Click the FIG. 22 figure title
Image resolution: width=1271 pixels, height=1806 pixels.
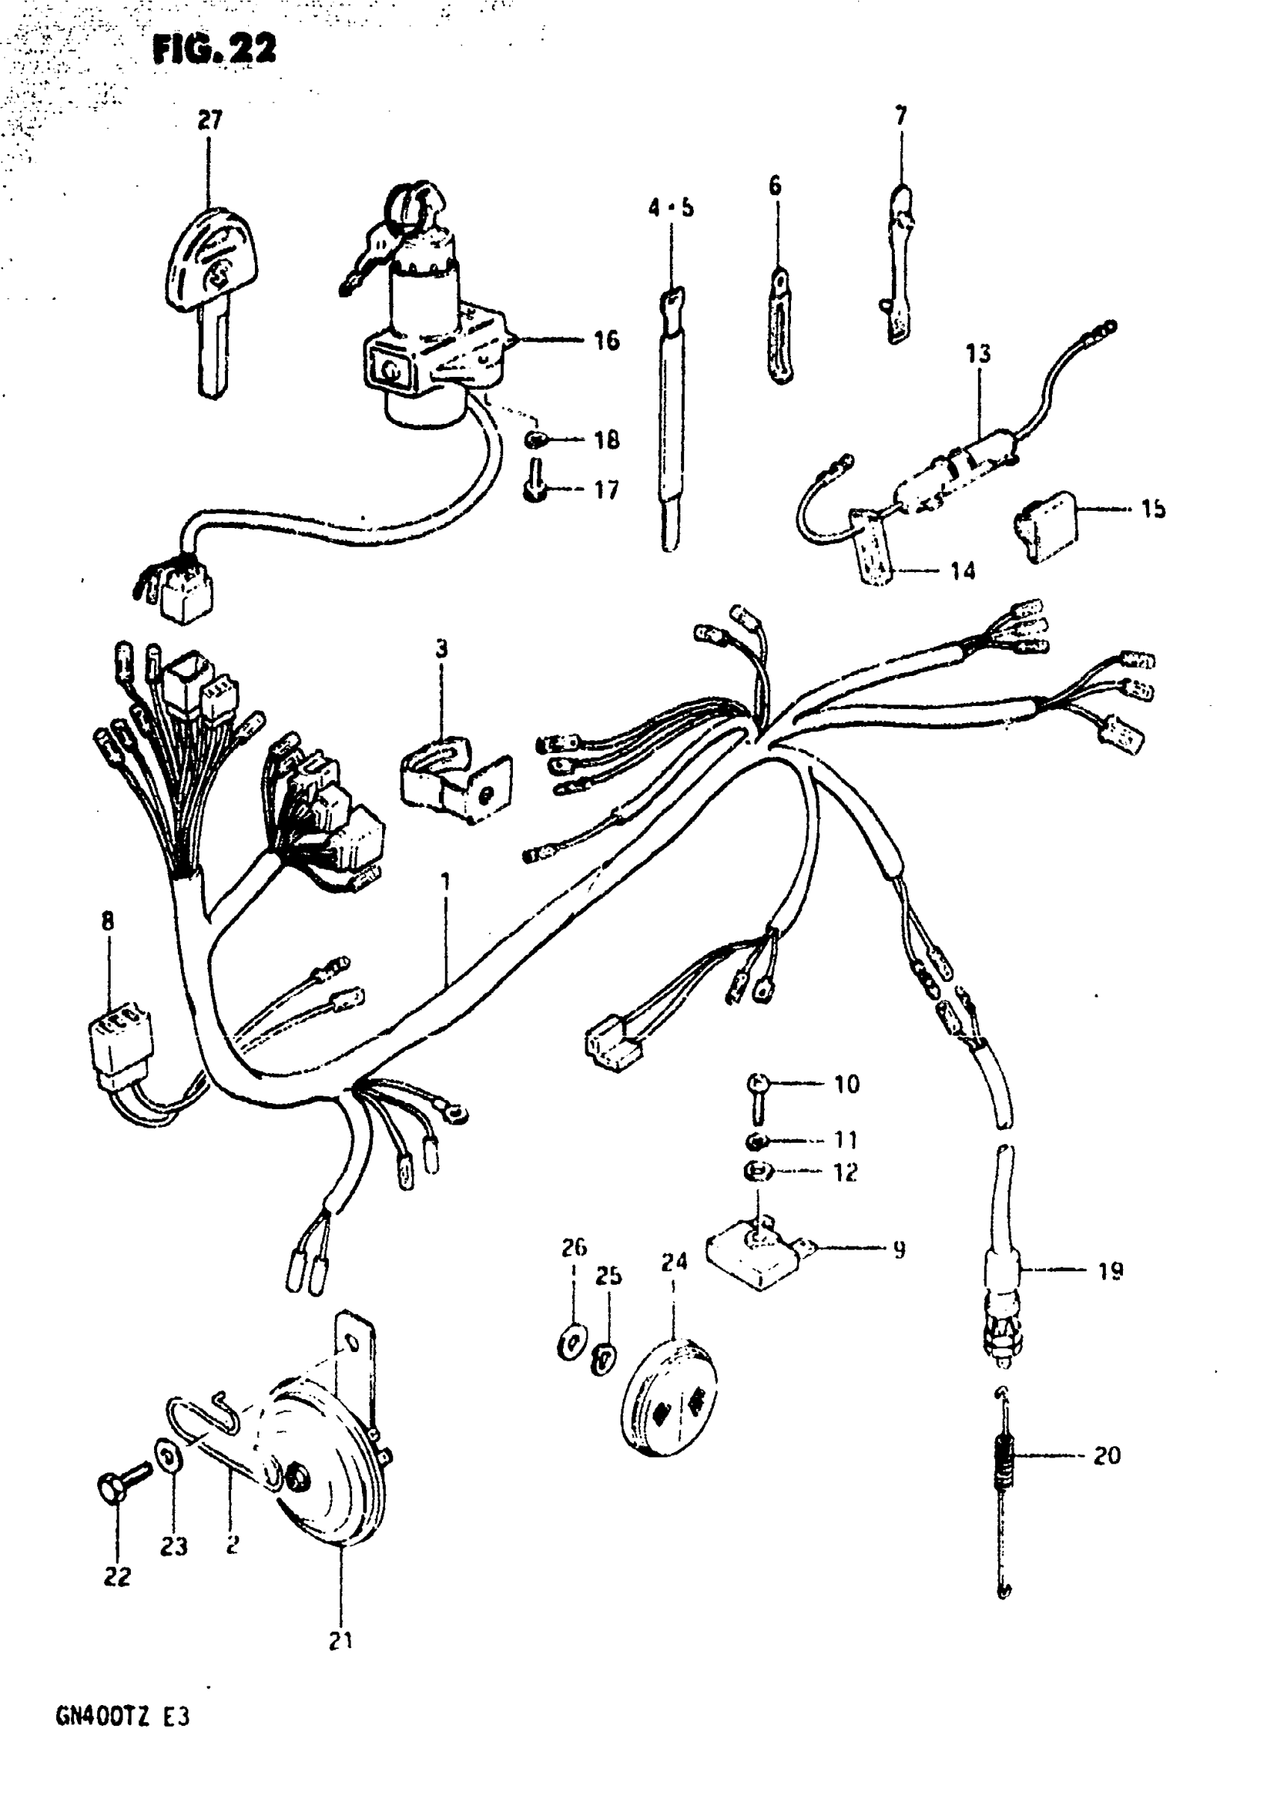coord(214,49)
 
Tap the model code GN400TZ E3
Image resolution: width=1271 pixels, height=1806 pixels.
coord(123,1716)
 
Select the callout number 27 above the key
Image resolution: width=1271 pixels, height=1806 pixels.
coord(209,120)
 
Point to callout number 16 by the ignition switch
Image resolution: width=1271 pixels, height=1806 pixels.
coord(606,340)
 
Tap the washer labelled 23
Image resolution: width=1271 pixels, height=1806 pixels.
coord(167,1455)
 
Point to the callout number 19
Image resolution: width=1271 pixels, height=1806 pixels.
coord(1110,1271)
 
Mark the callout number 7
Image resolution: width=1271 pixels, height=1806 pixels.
coord(901,117)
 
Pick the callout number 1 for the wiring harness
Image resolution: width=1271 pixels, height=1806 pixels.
coord(445,881)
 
